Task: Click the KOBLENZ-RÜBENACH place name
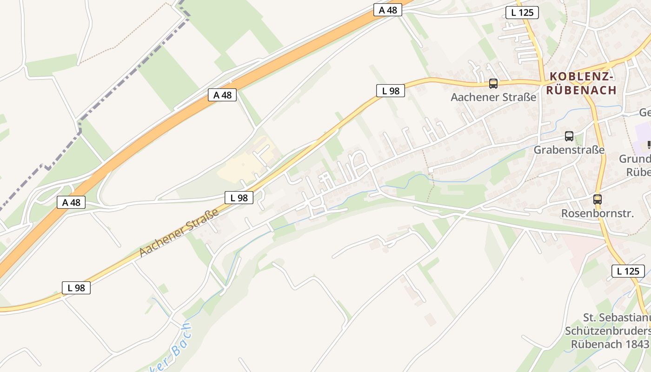click(x=581, y=83)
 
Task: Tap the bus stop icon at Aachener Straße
click(x=493, y=84)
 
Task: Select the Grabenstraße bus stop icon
click(x=569, y=136)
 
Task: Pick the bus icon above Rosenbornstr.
click(x=598, y=199)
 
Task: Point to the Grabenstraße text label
click(x=569, y=150)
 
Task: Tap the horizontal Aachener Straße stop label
click(x=493, y=97)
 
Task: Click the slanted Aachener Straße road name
click(x=179, y=232)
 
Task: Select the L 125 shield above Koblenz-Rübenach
click(x=522, y=13)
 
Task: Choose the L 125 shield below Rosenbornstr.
click(x=628, y=271)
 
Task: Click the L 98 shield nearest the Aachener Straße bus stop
click(x=391, y=91)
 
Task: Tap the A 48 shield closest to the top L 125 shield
click(x=387, y=10)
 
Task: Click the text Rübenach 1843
click(x=610, y=344)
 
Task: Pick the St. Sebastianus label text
click(x=616, y=318)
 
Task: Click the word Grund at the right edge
click(x=634, y=159)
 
